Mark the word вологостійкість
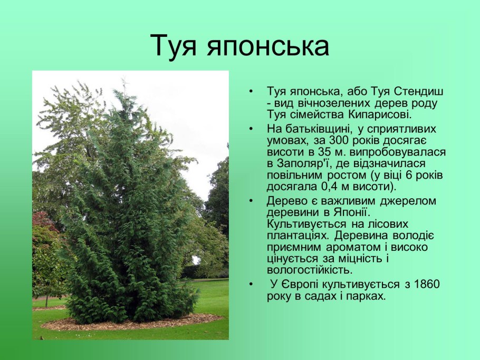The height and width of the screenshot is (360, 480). [309, 270]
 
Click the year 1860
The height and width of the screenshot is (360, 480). [427, 285]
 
